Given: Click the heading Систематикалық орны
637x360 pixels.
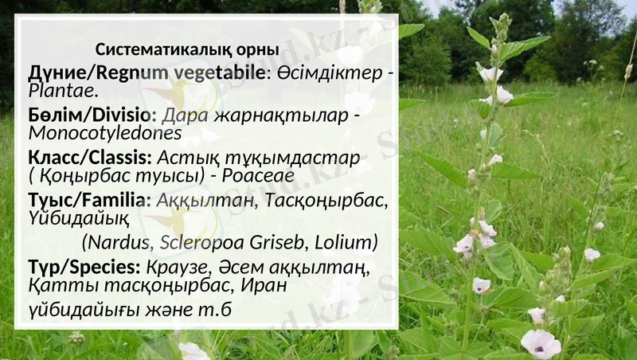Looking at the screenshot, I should point(187,49).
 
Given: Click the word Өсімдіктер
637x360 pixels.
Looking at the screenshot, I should point(328,73).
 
